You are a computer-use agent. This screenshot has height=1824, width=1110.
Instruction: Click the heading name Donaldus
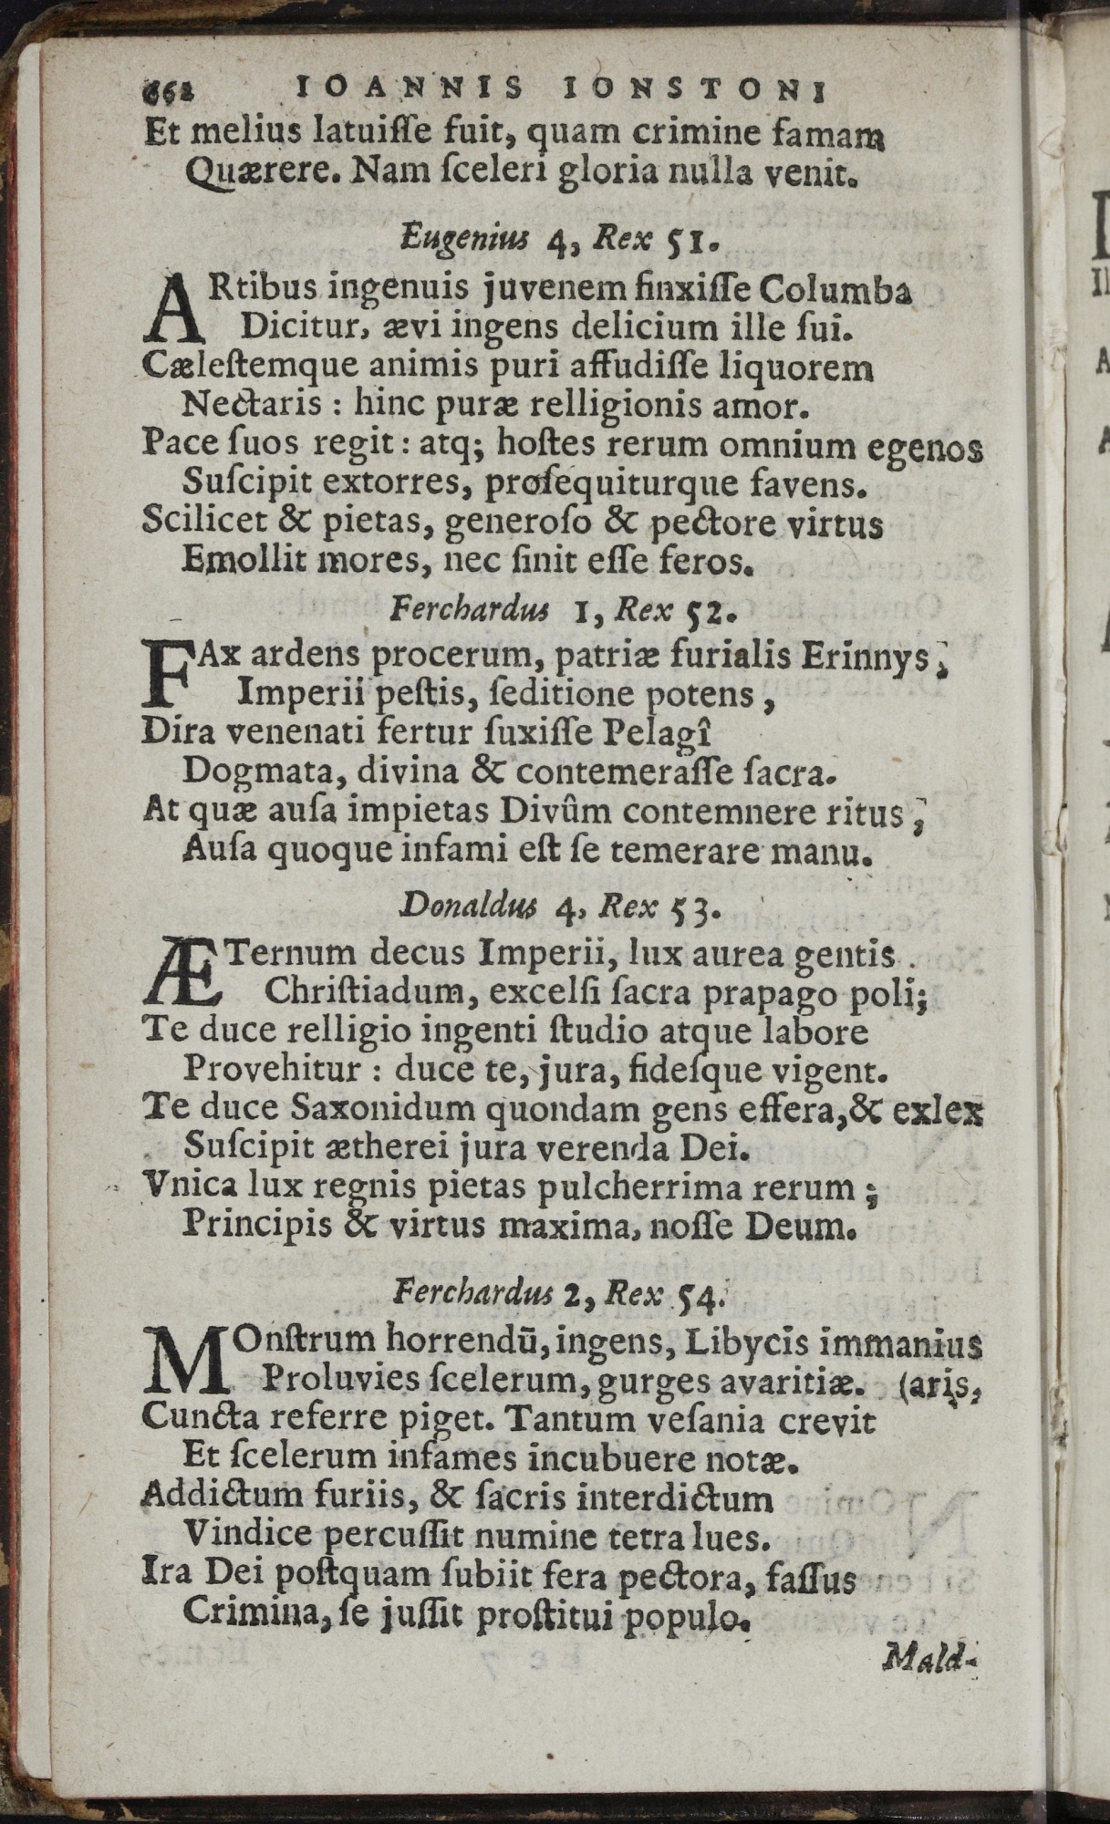tap(460, 907)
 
